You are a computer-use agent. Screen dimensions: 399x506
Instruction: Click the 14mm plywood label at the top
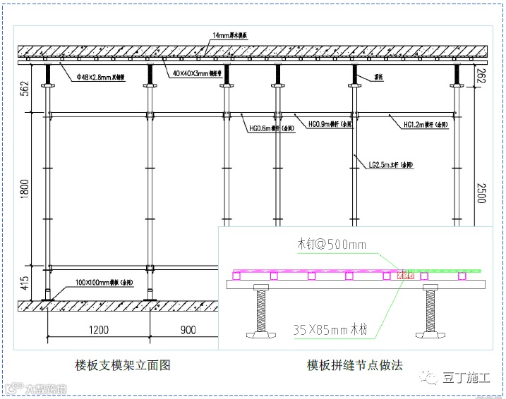point(234,35)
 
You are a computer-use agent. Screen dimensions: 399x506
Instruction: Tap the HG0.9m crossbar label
point(330,123)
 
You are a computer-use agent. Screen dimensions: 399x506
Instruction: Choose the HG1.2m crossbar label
point(425,125)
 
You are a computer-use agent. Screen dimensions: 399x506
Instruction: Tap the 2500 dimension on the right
point(481,191)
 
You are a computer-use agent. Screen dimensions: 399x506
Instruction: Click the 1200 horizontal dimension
point(99,329)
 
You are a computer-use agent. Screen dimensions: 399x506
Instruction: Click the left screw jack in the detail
point(259,310)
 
